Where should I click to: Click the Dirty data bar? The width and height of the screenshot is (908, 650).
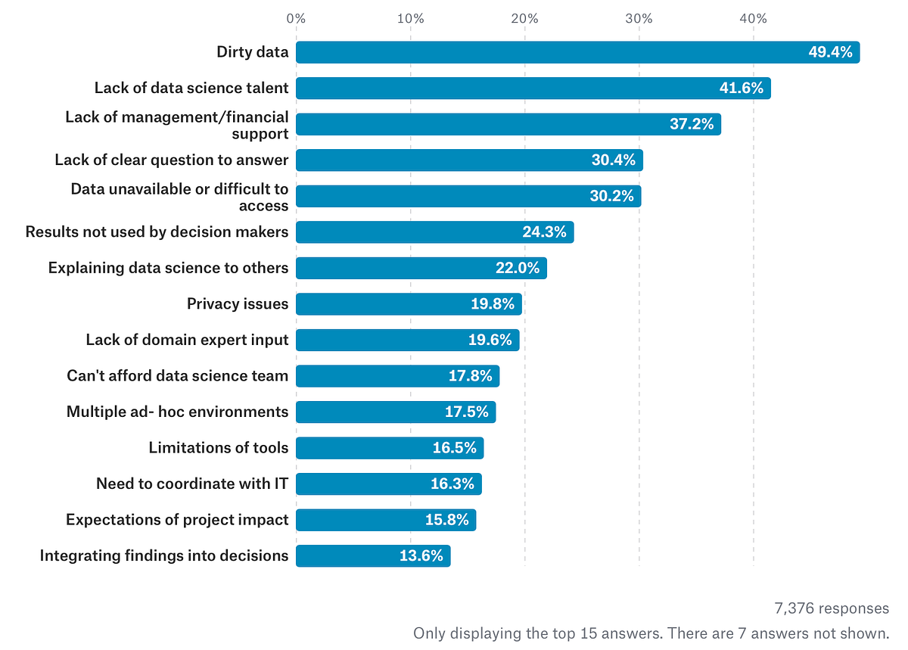pos(577,52)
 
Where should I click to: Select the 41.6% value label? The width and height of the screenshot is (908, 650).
pos(741,89)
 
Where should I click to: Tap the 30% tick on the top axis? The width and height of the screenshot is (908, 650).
pos(639,18)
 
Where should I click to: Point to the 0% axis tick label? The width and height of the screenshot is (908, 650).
pos(296,18)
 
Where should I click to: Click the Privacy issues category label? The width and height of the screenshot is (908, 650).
pos(238,304)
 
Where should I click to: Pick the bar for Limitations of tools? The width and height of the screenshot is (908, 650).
pos(390,448)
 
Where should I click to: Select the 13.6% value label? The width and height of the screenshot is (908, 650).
pos(421,556)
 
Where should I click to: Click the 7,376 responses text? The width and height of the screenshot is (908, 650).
pos(832,608)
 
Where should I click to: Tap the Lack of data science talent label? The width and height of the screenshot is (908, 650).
pos(191,89)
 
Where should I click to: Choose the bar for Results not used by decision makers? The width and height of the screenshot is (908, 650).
pos(434,232)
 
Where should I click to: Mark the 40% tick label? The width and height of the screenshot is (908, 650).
pos(754,18)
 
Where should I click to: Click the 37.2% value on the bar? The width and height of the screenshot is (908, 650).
pos(692,124)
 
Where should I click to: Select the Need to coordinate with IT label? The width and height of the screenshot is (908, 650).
pos(192,484)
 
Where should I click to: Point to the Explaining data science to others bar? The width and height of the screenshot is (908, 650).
pos(421,268)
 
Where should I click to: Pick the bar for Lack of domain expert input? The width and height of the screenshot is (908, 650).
pos(407,341)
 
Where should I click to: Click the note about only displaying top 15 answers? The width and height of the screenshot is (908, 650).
pos(651,633)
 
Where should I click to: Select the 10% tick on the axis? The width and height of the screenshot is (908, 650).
pos(410,18)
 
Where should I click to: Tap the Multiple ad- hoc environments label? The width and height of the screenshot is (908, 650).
pos(178,412)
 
